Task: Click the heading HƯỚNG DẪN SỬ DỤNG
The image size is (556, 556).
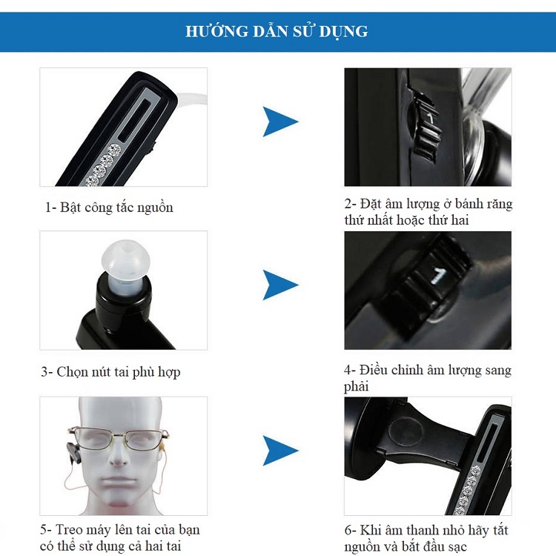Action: [277, 31]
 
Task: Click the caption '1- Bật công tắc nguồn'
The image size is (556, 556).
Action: [109, 208]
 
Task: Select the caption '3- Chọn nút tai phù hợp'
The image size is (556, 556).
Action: [110, 372]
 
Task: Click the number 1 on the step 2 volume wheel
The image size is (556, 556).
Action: [430, 119]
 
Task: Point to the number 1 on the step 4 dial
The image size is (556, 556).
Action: [438, 276]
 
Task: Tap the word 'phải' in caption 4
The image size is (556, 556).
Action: [357, 386]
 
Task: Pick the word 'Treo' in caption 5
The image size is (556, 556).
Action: [67, 530]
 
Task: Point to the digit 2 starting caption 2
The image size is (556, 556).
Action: [348, 205]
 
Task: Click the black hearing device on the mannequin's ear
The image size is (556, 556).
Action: [74, 453]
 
